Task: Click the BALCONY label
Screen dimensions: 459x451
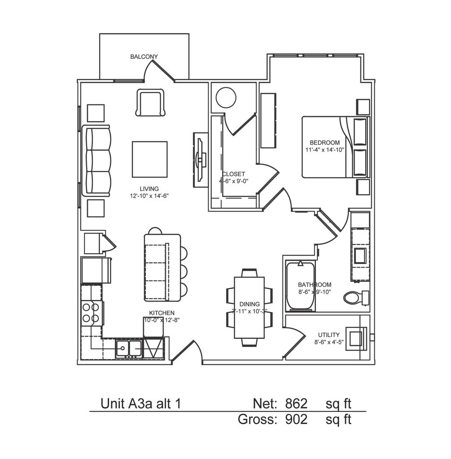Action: [144, 57]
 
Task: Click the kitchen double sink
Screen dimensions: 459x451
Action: [129, 347]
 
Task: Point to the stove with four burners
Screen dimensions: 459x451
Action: [91, 312]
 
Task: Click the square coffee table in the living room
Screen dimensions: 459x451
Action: [149, 159]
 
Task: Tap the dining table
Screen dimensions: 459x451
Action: [250, 307]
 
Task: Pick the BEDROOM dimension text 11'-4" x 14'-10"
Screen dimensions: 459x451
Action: [324, 150]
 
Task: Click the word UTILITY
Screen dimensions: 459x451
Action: [329, 335]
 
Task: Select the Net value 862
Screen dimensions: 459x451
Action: [296, 404]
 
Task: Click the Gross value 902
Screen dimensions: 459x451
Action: [296, 420]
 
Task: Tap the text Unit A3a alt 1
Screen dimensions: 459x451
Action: [140, 404]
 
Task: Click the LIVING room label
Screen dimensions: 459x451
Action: [149, 189]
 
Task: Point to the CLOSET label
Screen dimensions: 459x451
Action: [233, 174]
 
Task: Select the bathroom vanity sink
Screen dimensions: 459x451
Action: [360, 255]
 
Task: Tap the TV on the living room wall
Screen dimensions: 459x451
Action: [200, 158]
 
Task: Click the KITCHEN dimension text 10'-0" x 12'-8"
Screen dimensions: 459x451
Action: [162, 320]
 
